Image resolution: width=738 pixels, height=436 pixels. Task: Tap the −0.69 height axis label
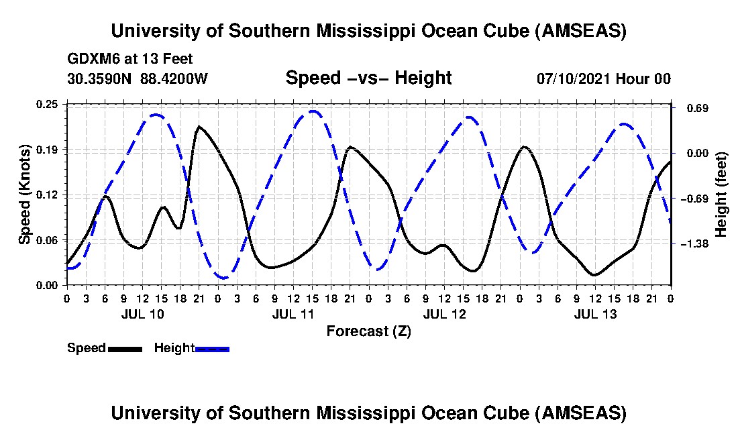point(694,199)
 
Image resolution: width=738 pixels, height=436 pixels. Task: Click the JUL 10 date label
point(142,314)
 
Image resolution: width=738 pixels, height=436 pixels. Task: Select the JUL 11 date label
point(294,314)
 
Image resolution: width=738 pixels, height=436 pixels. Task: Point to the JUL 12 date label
point(445,314)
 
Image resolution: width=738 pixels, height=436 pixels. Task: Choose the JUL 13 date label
point(596,314)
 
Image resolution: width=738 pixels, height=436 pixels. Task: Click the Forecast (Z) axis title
point(368,331)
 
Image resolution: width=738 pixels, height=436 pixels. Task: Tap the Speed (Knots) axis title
point(25,194)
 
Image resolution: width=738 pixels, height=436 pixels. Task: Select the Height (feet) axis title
point(721,195)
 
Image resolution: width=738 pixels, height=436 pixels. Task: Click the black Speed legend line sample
point(125,349)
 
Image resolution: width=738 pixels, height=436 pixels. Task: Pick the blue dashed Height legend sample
point(212,349)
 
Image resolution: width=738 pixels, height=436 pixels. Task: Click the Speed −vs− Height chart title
point(368,78)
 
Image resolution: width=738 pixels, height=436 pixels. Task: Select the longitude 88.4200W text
point(174,78)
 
